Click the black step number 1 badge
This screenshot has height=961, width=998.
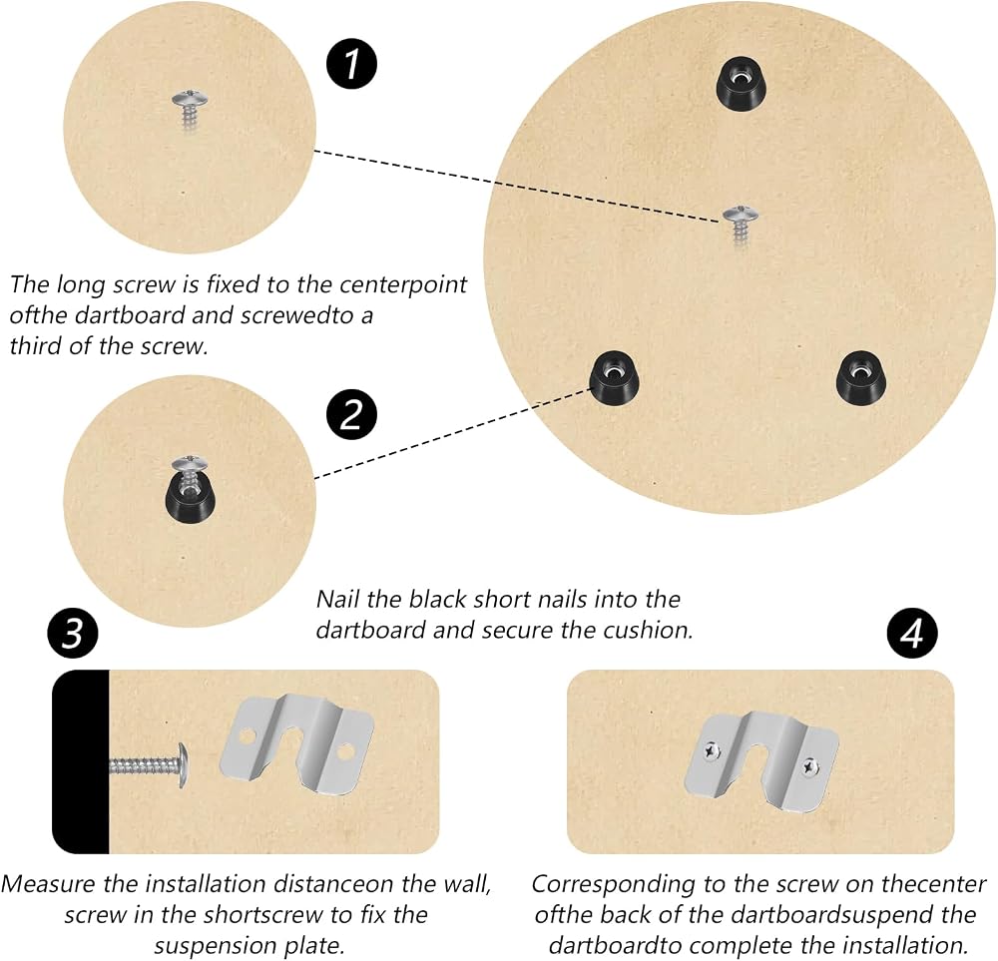pyautogui.click(x=352, y=64)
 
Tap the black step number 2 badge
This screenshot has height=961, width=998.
pyautogui.click(x=352, y=414)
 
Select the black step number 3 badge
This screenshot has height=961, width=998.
pyautogui.click(x=73, y=634)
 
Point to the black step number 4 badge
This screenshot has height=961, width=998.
pyautogui.click(x=912, y=634)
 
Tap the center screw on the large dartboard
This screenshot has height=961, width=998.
pyautogui.click(x=741, y=224)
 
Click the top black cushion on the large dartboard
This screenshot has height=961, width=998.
pyautogui.click(x=740, y=84)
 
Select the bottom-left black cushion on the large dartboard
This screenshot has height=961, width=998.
pyautogui.click(x=614, y=377)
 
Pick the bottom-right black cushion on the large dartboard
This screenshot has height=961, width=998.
pyautogui.click(x=860, y=377)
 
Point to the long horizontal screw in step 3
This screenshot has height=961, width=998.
pyautogui.click(x=148, y=765)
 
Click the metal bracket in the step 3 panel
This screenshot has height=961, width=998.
pyautogui.click(x=297, y=745)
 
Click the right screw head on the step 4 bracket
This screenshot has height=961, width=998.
pyautogui.click(x=809, y=767)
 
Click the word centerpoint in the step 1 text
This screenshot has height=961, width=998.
pyautogui.click(x=403, y=284)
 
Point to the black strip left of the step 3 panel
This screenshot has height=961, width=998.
pyautogui.click(x=81, y=761)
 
